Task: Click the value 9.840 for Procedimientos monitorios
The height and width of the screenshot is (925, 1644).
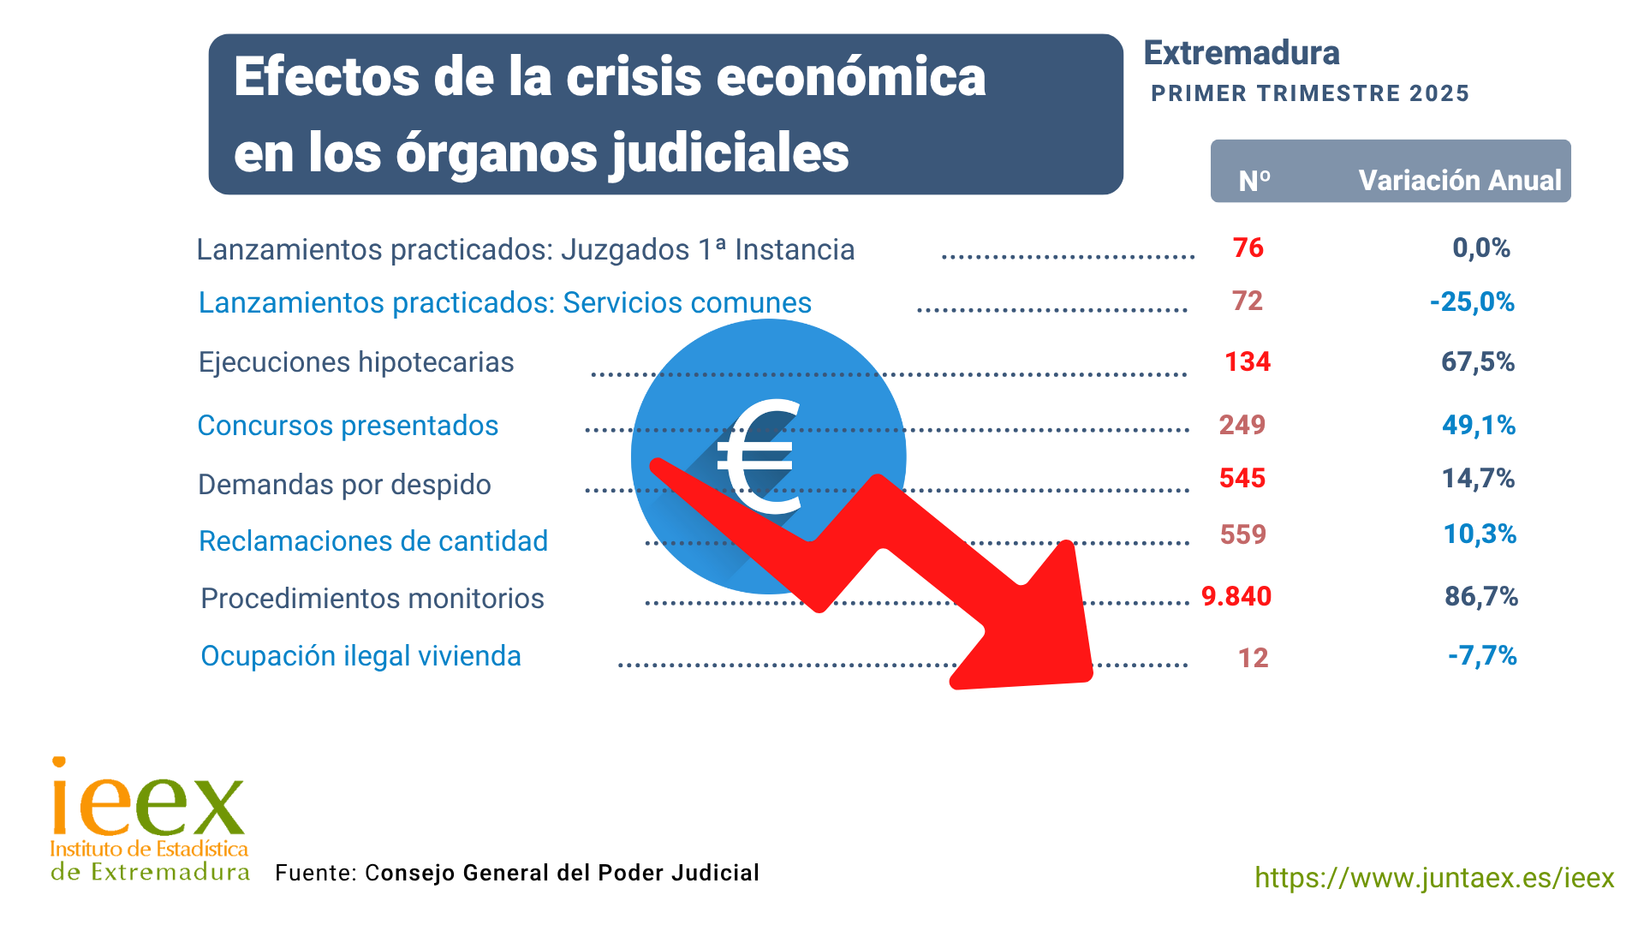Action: pyautogui.click(x=1236, y=596)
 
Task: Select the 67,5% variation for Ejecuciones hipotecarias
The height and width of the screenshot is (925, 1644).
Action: pyautogui.click(x=1478, y=362)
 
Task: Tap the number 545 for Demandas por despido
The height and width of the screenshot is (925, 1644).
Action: pyautogui.click(x=1242, y=478)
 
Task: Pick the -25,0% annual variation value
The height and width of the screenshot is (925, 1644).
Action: pyautogui.click(x=1472, y=302)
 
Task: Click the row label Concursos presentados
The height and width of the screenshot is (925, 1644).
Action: pyautogui.click(x=348, y=426)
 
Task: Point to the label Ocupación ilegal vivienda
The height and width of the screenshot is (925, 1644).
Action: pyautogui.click(x=360, y=656)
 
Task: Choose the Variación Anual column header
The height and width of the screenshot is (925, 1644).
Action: pyautogui.click(x=1459, y=181)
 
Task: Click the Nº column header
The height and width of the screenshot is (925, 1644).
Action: pyautogui.click(x=1254, y=181)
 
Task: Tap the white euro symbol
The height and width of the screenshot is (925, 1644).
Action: pyautogui.click(x=758, y=458)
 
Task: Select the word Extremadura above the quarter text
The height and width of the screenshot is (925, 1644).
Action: pyautogui.click(x=1242, y=53)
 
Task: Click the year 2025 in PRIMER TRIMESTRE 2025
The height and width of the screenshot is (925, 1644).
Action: pyautogui.click(x=1439, y=93)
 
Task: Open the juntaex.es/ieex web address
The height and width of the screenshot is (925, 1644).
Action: pyautogui.click(x=1434, y=878)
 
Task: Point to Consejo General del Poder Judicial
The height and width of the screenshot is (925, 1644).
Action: pyautogui.click(x=562, y=873)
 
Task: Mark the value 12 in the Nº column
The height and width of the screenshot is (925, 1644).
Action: pyautogui.click(x=1253, y=658)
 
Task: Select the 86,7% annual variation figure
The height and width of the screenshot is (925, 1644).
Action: pyautogui.click(x=1481, y=596)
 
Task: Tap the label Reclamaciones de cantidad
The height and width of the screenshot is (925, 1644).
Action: pyautogui.click(x=373, y=541)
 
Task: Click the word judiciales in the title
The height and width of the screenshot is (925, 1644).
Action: pyautogui.click(x=729, y=153)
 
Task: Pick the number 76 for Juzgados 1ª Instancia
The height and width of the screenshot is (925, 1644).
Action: pyautogui.click(x=1248, y=248)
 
